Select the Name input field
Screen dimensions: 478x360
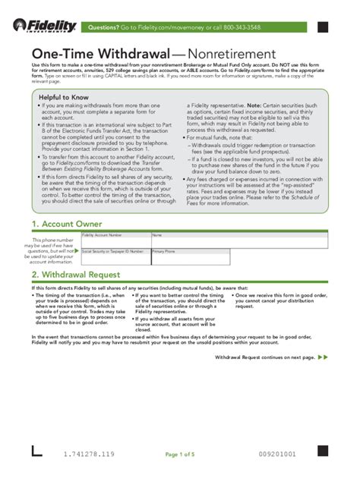239,241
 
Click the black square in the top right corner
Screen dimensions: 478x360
323,27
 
